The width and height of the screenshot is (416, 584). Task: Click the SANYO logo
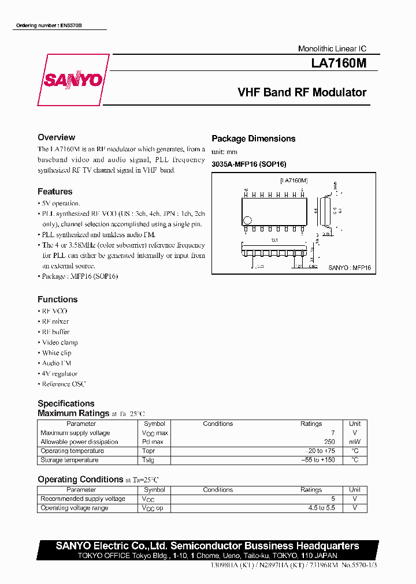pyautogui.click(x=73, y=80)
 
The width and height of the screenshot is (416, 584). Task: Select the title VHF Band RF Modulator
pyautogui.click(x=302, y=92)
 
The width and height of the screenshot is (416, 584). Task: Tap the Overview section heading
pyautogui.click(x=56, y=137)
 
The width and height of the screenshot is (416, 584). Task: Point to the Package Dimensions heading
pyautogui.click(x=253, y=138)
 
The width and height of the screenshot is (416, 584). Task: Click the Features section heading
pyautogui.click(x=55, y=192)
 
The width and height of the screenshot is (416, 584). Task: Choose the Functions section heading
pyautogui.click(x=57, y=300)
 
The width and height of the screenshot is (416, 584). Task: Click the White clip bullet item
pyautogui.click(x=57, y=353)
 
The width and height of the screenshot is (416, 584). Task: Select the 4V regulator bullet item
pyautogui.click(x=60, y=373)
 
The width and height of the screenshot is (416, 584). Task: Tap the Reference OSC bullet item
pyautogui.click(x=64, y=384)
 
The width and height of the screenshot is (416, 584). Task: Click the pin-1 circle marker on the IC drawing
pyautogui.click(x=248, y=220)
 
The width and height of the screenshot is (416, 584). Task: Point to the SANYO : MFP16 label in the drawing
pyautogui.click(x=350, y=268)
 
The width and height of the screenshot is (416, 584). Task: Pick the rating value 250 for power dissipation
pyautogui.click(x=329, y=442)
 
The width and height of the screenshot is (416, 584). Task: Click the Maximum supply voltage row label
pyautogui.click(x=75, y=433)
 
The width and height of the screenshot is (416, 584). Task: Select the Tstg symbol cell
pyautogui.click(x=148, y=460)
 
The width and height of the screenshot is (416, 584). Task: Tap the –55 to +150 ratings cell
pyautogui.click(x=318, y=460)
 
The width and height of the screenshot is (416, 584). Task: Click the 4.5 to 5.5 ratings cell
pyautogui.click(x=322, y=508)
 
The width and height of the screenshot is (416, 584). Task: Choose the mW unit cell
pyautogui.click(x=355, y=442)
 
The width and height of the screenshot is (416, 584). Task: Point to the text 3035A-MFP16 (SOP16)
pyautogui.click(x=248, y=164)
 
